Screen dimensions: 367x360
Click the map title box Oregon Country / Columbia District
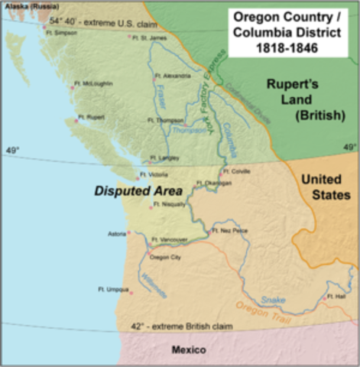coord(291,31)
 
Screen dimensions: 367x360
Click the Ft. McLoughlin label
coord(95,83)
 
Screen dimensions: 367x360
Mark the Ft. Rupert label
coord(92,118)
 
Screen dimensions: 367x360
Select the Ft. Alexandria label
coord(172,76)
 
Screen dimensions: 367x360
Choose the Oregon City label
coord(165,258)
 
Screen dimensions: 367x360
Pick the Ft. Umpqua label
coord(112,289)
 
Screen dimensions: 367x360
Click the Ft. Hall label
coord(336,295)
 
